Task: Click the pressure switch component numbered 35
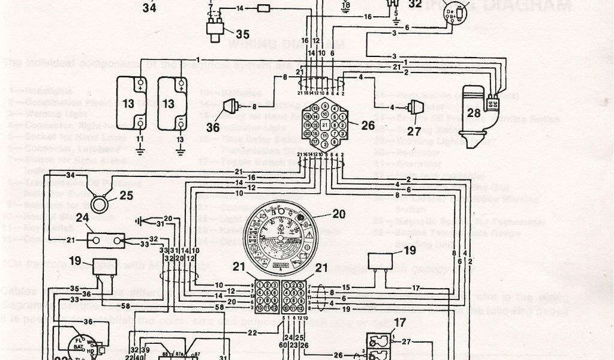pos(212,28)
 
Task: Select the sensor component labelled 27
pos(414,109)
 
